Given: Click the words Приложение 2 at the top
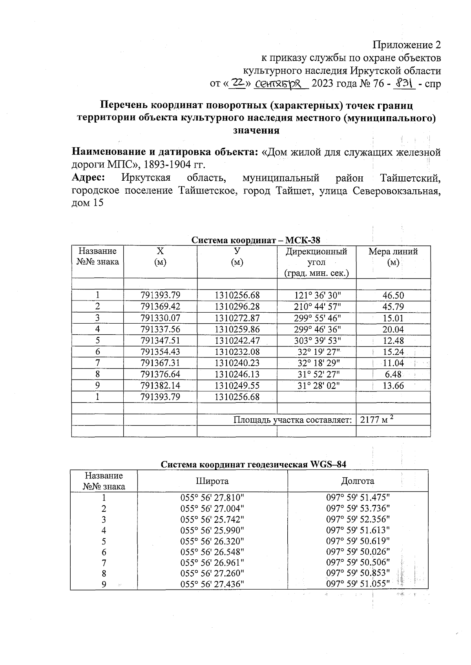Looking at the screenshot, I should pos(407,45).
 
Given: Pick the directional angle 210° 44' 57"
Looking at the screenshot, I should pos(316,306).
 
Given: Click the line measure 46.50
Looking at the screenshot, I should pos(393,295).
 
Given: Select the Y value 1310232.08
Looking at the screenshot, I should pos(237,352).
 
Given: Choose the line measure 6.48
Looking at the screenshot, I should pos(393,374).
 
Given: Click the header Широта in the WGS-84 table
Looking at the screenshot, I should pos(212,481).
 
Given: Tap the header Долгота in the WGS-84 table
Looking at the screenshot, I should pos(358,481).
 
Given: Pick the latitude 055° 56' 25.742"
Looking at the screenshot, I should pos(212,519).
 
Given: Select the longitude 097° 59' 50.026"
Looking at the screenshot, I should pos(358,552).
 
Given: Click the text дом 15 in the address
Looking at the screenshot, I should pos(88,203).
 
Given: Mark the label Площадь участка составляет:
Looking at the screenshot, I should pos(292,420).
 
